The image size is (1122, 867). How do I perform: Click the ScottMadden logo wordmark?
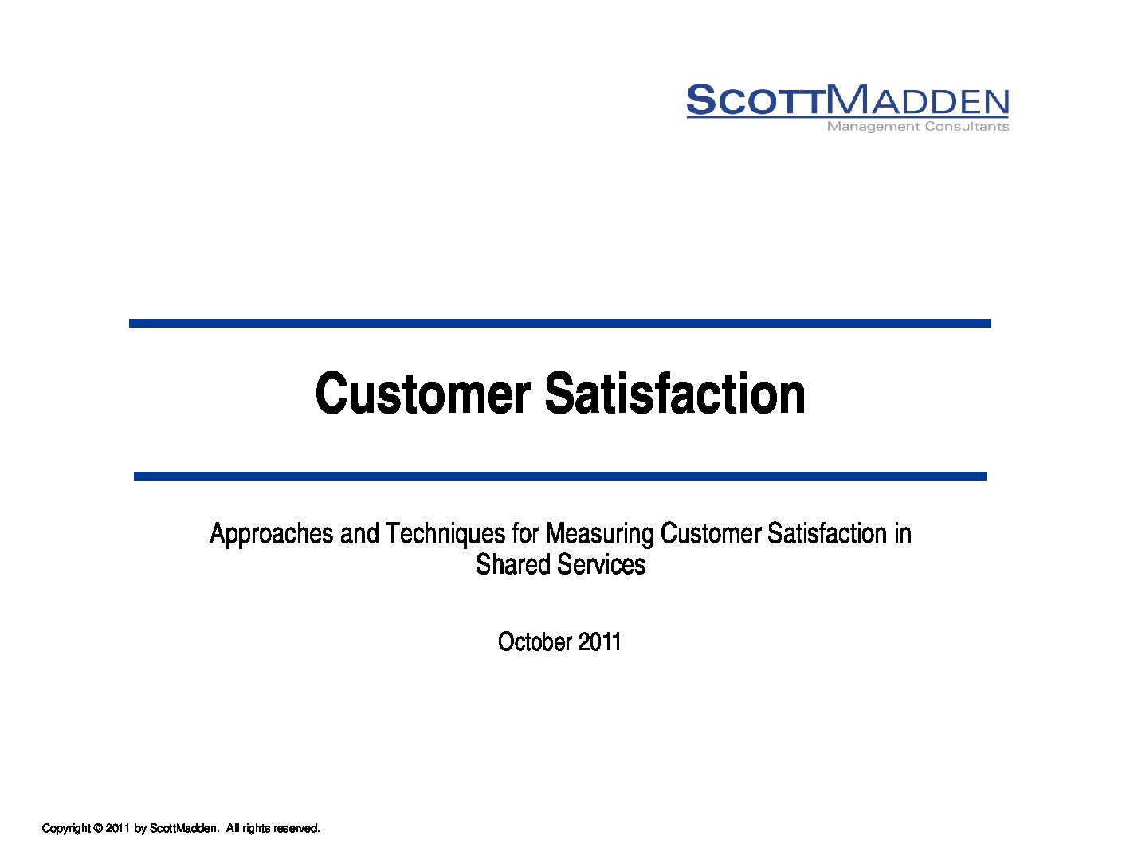847,100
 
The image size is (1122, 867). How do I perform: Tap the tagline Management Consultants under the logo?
917,127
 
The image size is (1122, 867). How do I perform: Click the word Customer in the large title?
423,393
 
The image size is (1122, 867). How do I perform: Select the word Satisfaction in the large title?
675,393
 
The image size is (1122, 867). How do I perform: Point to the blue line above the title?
559,324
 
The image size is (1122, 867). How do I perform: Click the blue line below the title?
559,476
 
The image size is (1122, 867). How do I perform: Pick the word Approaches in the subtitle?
272,533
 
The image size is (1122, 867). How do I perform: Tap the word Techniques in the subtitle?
445,533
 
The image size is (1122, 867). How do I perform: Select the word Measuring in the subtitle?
600,533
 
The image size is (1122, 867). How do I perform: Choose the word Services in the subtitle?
602,564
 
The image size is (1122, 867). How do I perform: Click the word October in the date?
535,641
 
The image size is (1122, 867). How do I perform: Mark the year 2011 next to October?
599,641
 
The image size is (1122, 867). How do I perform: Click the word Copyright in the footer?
67,828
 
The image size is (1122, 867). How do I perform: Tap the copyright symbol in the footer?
98,828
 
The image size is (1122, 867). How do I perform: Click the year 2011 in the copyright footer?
118,828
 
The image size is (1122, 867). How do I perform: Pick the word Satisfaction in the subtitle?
827,533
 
